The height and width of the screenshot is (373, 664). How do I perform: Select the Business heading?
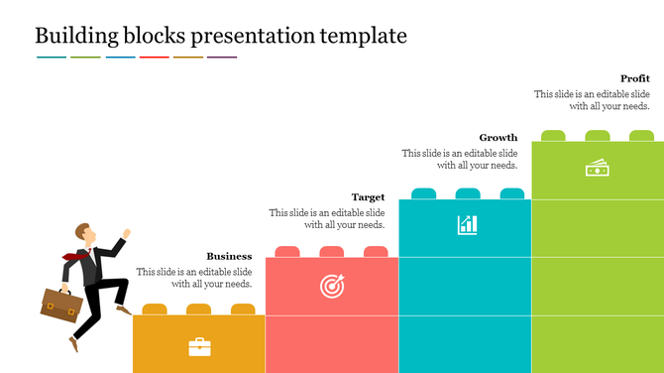(229, 256)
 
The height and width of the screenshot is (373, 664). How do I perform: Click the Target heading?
(368, 197)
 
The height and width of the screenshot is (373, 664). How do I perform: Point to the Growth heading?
(498, 138)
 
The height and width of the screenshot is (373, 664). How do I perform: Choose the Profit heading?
(634, 78)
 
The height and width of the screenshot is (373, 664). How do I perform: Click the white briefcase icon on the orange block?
(199, 346)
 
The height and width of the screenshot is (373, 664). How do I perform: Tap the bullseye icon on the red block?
(332, 287)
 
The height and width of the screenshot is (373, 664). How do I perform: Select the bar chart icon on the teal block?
(467, 225)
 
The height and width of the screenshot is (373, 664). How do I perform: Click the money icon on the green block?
(597, 169)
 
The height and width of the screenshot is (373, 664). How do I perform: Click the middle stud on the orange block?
(199, 310)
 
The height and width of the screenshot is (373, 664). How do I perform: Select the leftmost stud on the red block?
(287, 252)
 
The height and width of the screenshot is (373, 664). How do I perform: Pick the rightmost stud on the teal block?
(510, 193)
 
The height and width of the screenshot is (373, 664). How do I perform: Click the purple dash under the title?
(222, 58)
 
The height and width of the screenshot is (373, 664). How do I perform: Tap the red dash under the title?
(155, 58)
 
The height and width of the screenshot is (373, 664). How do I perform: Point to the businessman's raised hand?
(126, 234)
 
